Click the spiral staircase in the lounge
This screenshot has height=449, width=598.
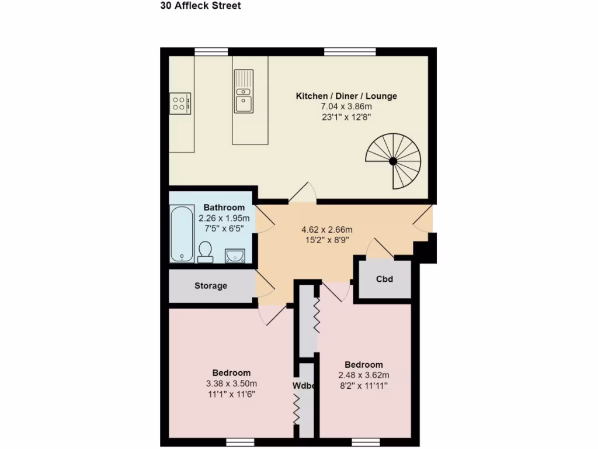394,161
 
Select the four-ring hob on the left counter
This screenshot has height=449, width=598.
180,103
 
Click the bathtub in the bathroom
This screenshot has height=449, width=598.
182,233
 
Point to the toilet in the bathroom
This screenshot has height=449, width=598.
205,251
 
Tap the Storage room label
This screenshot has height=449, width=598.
211,286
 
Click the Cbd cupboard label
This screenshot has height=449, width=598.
384,279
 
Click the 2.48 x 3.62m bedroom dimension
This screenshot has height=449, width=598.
363,375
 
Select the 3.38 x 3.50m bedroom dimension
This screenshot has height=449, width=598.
231,384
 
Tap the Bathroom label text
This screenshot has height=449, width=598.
224,208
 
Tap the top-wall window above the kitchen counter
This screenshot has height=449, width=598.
211,51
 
